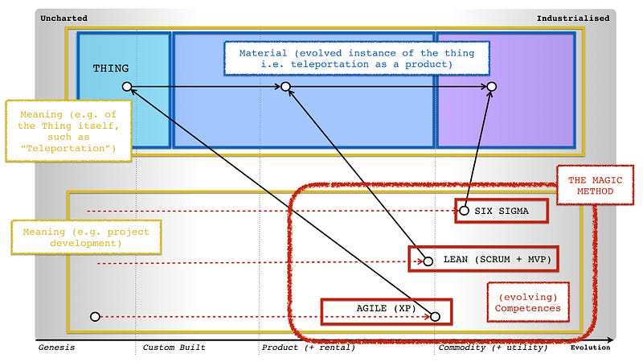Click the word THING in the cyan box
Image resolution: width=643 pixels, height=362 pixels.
pos(110,68)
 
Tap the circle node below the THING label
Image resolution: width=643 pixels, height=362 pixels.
pos(126,86)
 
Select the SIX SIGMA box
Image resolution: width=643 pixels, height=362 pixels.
pos(502,211)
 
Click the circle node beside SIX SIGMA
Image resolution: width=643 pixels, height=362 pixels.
pos(464,211)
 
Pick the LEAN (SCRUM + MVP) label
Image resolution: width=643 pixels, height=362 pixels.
pos(491,260)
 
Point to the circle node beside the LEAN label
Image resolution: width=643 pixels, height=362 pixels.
pos(428,261)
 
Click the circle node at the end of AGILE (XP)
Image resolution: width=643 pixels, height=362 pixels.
pos(435,317)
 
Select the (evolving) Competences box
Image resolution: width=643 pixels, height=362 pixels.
pos(528,302)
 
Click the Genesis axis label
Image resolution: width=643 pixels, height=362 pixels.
pos(56,348)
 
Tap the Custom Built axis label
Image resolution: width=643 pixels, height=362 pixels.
pos(174,348)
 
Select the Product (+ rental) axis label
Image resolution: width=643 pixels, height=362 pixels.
pos(308,348)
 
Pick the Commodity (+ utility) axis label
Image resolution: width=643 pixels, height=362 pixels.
pos(493,348)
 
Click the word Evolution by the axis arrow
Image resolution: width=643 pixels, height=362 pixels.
pos(590,348)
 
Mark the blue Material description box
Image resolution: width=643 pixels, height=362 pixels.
pos(356,59)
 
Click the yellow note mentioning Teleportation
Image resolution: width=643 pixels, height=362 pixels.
pos(68,131)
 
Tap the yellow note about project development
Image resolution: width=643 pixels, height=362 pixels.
pos(80,237)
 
